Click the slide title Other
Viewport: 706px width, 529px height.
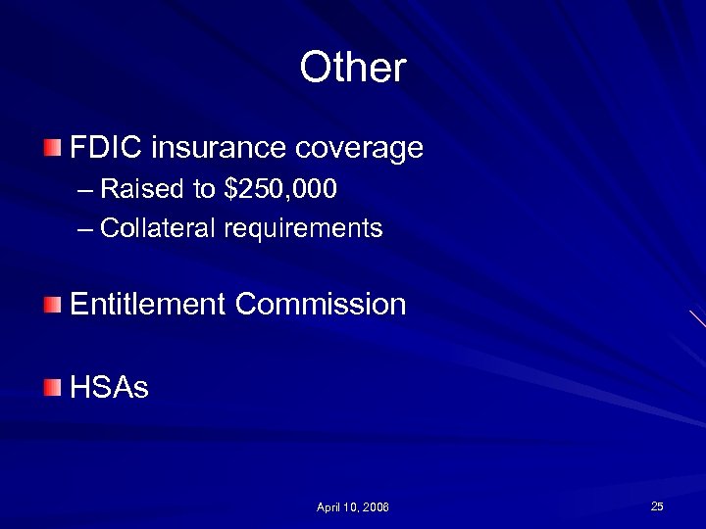tap(352, 68)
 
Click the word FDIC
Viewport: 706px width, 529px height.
tap(108, 149)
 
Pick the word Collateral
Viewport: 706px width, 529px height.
tap(158, 228)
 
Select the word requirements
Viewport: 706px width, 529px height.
tap(303, 229)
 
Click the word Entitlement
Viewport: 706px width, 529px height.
tap(149, 304)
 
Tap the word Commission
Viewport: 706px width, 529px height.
tap(321, 304)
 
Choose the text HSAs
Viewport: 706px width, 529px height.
tap(109, 388)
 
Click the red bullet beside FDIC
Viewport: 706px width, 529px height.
tap(52, 149)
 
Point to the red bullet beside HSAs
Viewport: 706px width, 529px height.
tap(52, 388)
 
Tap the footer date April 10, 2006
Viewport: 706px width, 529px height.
tap(353, 507)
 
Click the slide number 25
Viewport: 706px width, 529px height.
tap(657, 505)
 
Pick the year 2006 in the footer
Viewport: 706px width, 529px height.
tap(377, 507)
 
